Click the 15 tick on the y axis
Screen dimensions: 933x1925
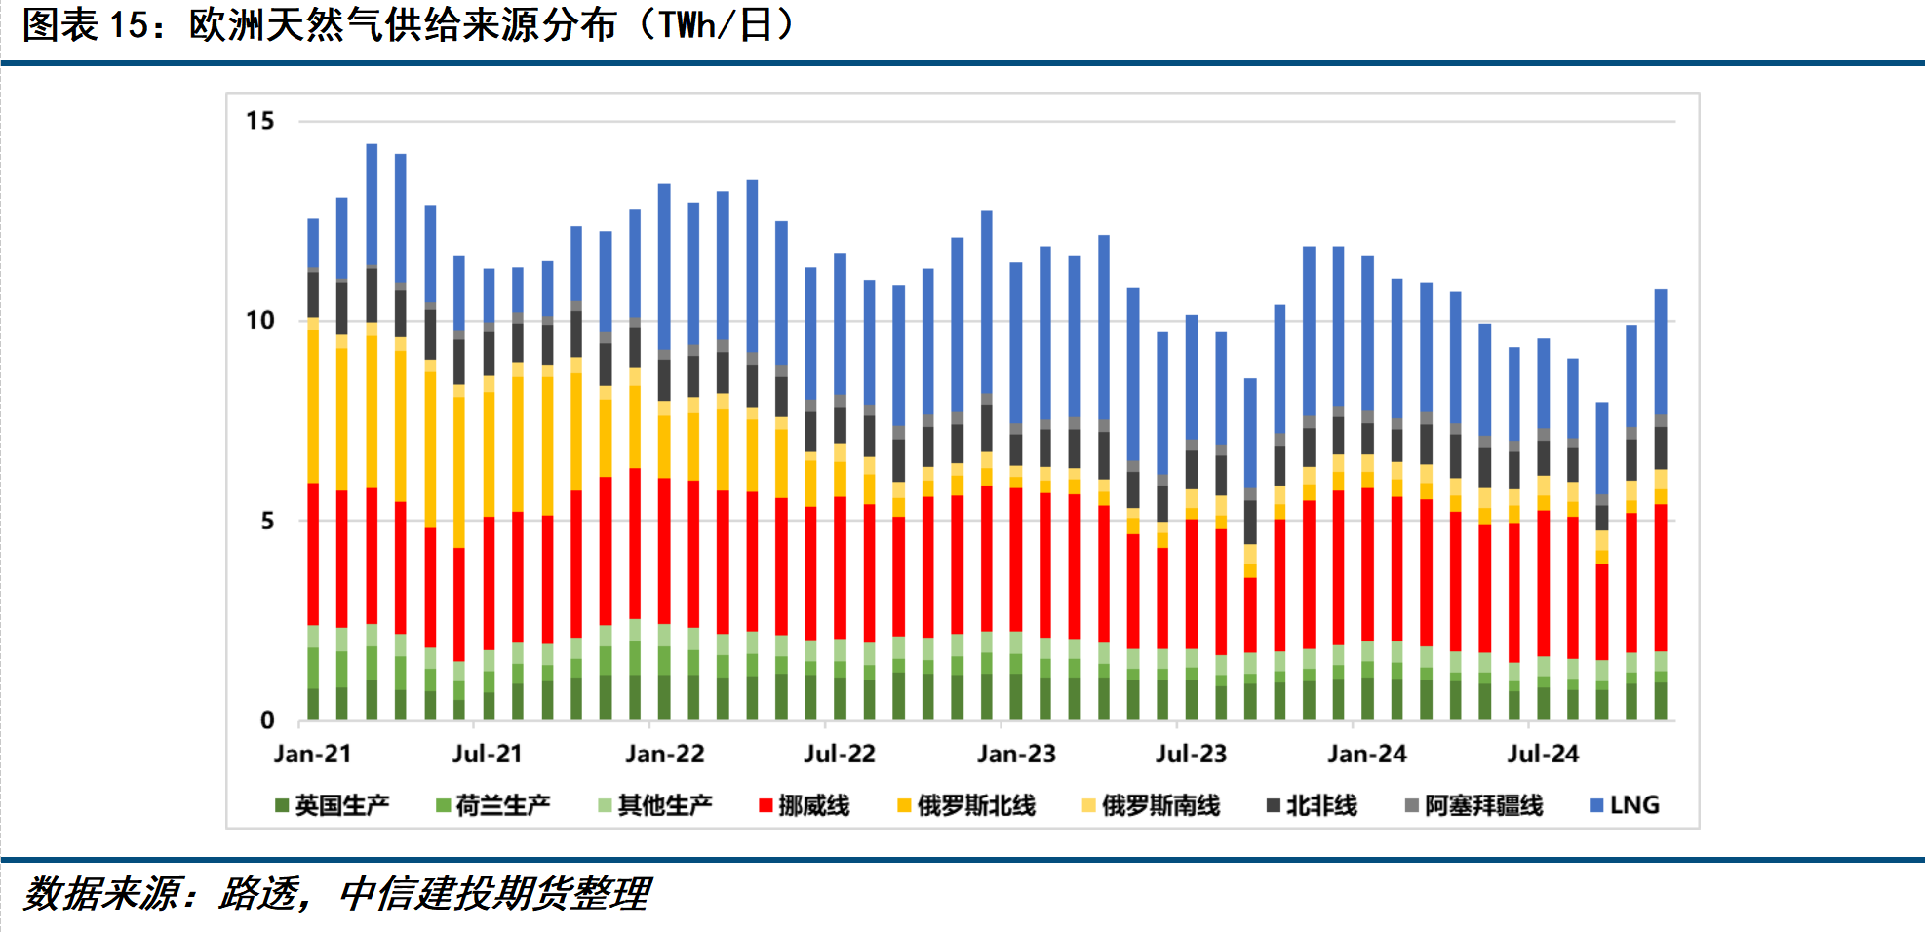point(260,121)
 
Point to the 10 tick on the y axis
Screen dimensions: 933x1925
point(260,321)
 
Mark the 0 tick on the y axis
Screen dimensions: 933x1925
point(267,720)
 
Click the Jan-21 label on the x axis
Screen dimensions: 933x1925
point(312,754)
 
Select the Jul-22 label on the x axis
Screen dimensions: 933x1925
point(839,754)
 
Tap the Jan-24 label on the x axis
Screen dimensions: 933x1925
point(1366,754)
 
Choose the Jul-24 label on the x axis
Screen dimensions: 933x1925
point(1542,754)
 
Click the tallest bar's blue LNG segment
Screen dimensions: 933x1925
point(372,205)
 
